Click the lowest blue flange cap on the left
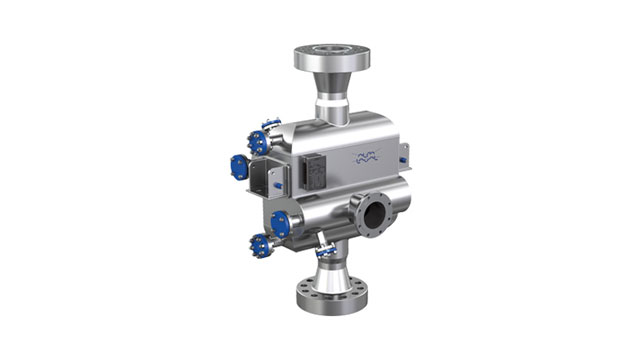[262, 243]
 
